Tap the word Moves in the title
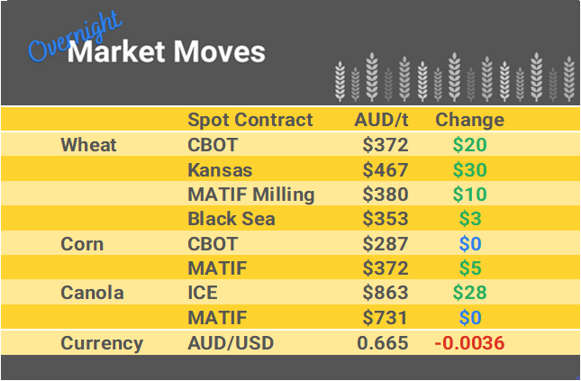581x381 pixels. coord(218,51)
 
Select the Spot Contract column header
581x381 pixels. coord(250,120)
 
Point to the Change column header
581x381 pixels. coord(469,120)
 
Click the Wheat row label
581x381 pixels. coord(89,145)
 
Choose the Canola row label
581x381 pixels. coord(92,293)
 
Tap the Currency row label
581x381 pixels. coord(102,342)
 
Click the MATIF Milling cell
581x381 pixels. coord(251,195)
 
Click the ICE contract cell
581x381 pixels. coord(203,293)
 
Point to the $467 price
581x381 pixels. coord(386,169)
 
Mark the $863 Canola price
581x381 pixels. coord(386,293)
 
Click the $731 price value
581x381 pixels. coord(386,317)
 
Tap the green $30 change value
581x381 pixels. coord(469,169)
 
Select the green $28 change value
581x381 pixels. coord(469,293)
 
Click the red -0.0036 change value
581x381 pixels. coord(469,342)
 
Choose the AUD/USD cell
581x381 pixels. coord(230,342)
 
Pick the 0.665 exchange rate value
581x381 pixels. coord(383,342)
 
